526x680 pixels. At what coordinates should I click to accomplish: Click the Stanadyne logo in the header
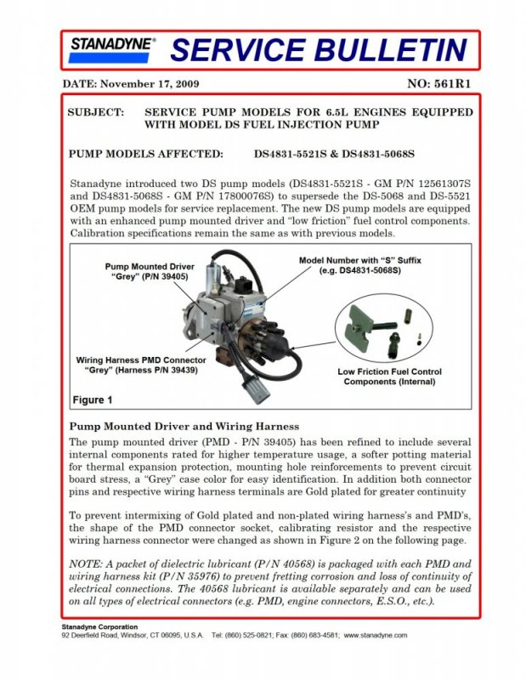(112, 50)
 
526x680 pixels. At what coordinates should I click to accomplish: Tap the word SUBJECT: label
(94, 112)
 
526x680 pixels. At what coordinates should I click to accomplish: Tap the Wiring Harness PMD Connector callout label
(141, 365)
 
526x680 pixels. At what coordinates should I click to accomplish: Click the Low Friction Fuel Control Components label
(389, 377)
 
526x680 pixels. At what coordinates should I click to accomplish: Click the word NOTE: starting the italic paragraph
(87, 564)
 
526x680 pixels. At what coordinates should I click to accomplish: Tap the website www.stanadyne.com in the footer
(375, 635)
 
